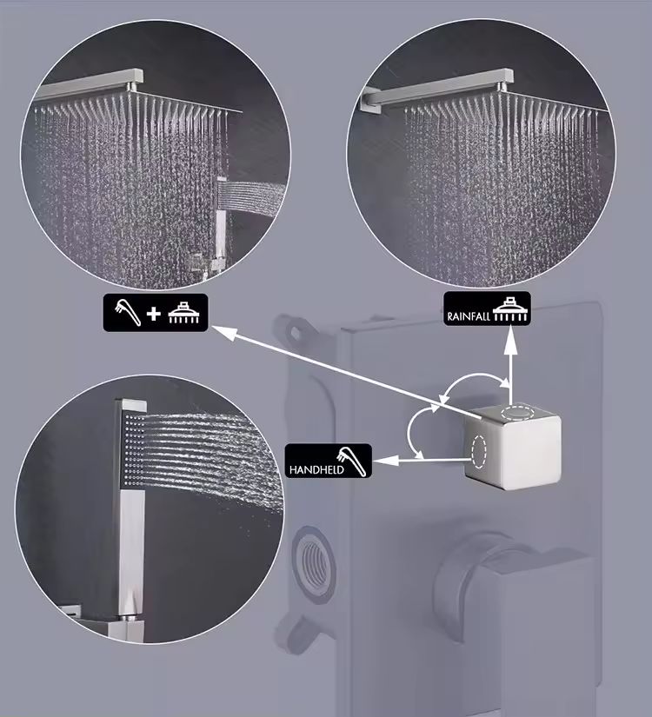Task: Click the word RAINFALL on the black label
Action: click(469, 316)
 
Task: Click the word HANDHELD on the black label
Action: click(316, 469)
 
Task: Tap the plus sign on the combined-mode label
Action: click(154, 313)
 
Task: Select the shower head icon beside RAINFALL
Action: click(509, 309)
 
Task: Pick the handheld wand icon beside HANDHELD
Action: click(352, 461)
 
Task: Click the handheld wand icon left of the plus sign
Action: click(127, 312)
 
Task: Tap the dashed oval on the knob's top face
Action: click(517, 412)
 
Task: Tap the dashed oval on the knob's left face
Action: click(478, 451)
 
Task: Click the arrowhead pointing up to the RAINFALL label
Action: click(510, 342)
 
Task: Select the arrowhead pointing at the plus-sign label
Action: click(224, 333)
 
